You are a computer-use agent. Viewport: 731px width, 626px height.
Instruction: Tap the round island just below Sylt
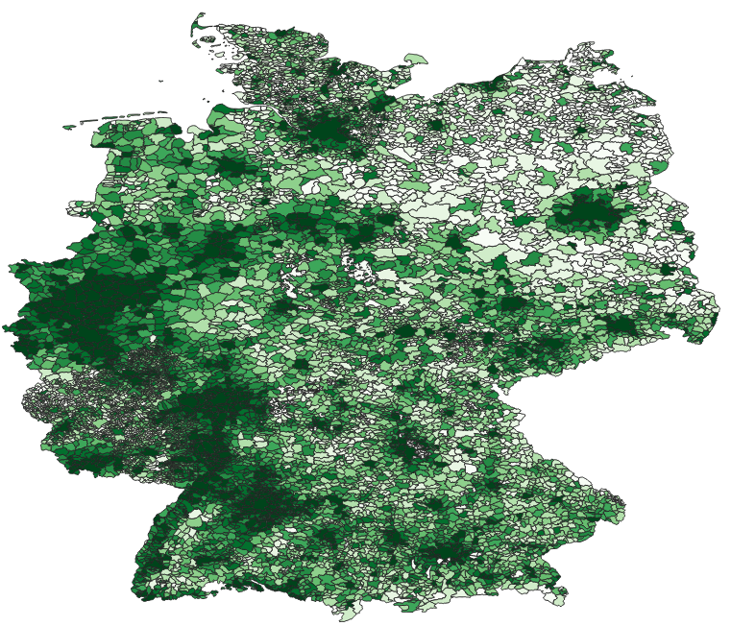(207, 40)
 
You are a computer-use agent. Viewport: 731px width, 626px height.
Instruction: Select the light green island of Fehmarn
(416, 60)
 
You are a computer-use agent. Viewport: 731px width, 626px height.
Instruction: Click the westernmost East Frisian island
(69, 126)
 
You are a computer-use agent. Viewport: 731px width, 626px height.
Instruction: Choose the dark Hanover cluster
(305, 223)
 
